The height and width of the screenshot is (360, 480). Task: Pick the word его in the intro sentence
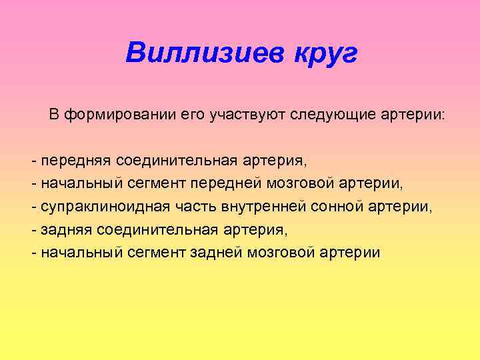click(x=191, y=115)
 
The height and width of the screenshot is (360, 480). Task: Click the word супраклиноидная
click(x=97, y=207)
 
